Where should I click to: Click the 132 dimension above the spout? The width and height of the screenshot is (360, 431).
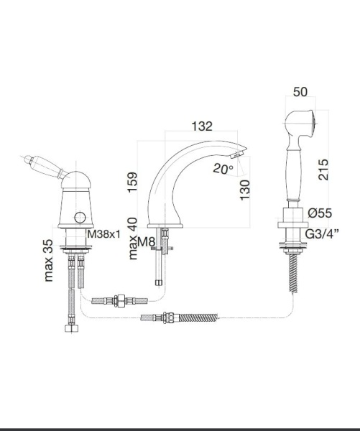[202, 126]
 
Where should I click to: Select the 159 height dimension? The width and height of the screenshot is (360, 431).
[132, 182]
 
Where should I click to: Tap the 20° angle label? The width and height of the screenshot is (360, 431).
[223, 168]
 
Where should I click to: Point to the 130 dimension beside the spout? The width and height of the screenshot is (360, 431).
[245, 190]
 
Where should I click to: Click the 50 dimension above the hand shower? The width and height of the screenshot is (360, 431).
[300, 92]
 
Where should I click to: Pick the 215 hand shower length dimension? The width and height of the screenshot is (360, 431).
[323, 170]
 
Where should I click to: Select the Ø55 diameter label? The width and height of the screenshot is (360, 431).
[320, 213]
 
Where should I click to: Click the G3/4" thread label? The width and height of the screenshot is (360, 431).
[322, 234]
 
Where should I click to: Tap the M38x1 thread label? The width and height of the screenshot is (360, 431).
[104, 234]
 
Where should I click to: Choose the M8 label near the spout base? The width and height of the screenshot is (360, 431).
[147, 242]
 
